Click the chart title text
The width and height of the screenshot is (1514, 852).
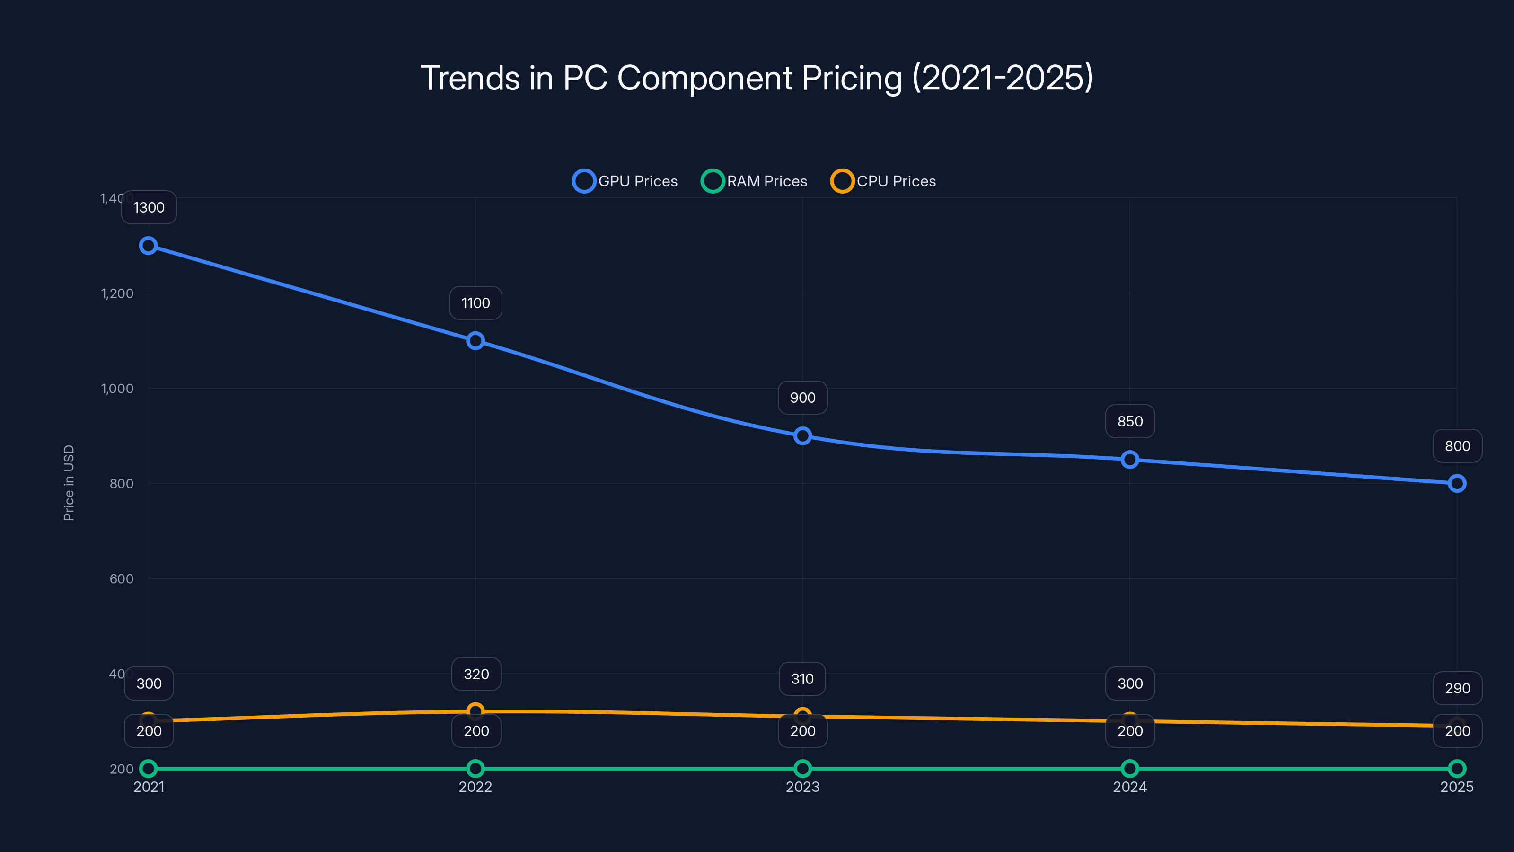757,78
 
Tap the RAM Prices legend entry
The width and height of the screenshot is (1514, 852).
754,181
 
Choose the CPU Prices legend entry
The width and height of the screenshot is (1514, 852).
883,181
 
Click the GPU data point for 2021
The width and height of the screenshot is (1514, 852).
148,246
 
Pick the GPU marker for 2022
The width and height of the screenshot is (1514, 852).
475,341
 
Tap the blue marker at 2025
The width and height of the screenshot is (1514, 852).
1457,483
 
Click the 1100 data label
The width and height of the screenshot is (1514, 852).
475,303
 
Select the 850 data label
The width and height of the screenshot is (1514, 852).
1130,422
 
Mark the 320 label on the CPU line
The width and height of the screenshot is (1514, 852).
476,674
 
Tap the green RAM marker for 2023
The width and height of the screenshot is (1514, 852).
803,769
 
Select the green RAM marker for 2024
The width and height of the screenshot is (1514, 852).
1130,769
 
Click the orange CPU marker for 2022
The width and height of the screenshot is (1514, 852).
475,711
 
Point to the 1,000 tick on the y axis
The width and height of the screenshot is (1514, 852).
117,389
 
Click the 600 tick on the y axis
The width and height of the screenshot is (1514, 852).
121,578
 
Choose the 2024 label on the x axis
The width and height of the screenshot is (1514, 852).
1130,787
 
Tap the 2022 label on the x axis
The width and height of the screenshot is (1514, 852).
475,787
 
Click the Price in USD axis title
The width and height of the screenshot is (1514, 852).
69,483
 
